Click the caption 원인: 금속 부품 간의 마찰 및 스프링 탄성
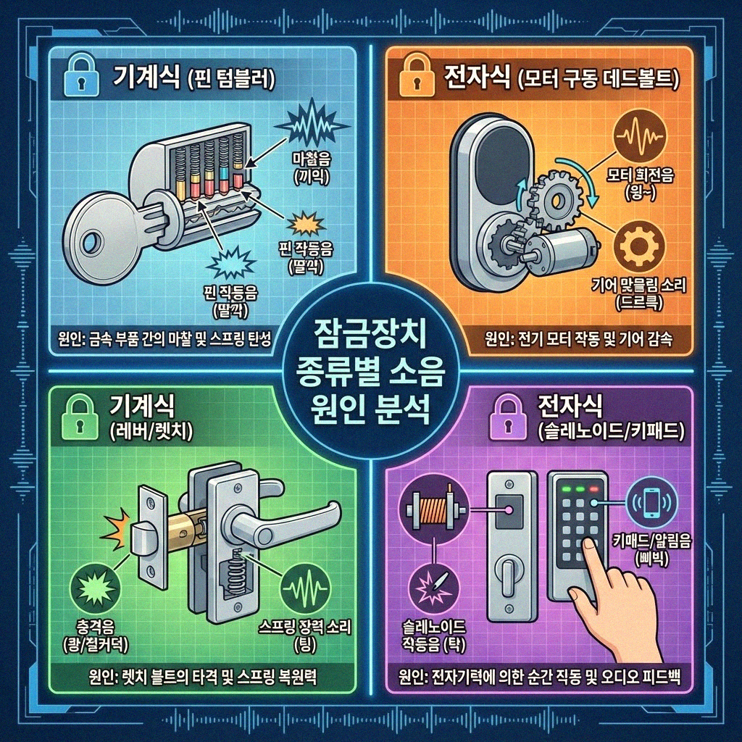pos(164,339)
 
